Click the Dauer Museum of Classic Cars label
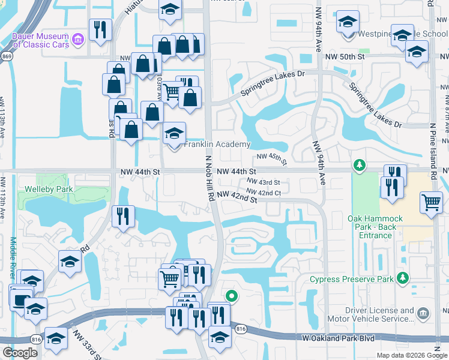pyautogui.click(x=40, y=40)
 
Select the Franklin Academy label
pyautogui.click(x=217, y=145)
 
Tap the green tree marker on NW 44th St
pyautogui.click(x=359, y=165)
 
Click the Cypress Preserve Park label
pyautogui.click(x=351, y=279)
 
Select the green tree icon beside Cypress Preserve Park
pyautogui.click(x=403, y=278)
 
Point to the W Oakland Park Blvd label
pyautogui.click(x=339, y=338)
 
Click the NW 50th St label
pyautogui.click(x=345, y=56)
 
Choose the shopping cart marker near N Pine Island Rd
pyautogui.click(x=432, y=203)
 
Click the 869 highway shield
pyautogui.click(x=7, y=56)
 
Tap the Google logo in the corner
pyautogui.click(x=20, y=353)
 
